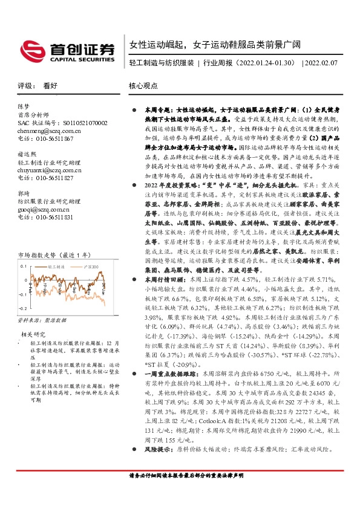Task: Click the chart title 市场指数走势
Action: (x=38, y=255)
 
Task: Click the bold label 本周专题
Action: (x=154, y=111)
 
